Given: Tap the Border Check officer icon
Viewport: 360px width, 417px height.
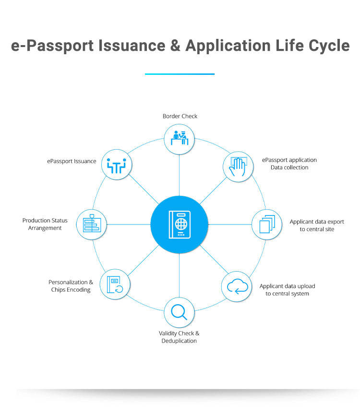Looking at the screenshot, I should click(179, 138).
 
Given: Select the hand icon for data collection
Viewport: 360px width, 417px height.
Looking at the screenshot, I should click(238, 166).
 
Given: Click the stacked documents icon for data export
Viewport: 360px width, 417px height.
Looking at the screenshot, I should click(266, 225).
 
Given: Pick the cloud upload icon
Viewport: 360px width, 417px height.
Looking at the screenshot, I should click(237, 286).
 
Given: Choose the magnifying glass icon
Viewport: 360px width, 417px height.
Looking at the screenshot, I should click(179, 312).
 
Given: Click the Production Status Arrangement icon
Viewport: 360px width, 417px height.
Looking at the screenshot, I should click(92, 224).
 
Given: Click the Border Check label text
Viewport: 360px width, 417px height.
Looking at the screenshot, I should click(180, 116).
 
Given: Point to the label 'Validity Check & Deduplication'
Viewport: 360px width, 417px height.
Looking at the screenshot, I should click(179, 337).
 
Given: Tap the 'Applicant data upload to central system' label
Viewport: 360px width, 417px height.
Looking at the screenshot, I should click(287, 290).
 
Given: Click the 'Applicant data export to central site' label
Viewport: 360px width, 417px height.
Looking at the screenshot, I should click(317, 226).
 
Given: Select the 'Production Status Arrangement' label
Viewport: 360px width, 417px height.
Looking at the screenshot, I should click(45, 224).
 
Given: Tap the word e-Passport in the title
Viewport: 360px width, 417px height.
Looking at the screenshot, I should click(52, 46).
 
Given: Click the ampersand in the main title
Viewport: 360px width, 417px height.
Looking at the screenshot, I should click(173, 46).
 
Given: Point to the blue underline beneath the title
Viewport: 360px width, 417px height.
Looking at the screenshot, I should click(180, 74).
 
